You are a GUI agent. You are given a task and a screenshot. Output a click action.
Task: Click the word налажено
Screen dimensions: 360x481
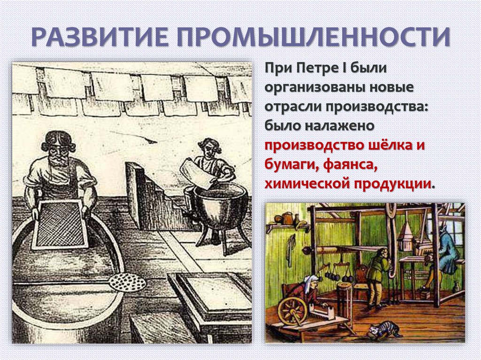[x=341, y=126]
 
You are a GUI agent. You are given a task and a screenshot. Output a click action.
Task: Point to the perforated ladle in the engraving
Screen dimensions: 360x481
[x=127, y=282]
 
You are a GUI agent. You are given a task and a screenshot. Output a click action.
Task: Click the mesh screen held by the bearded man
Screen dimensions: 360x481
[x=61, y=224]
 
